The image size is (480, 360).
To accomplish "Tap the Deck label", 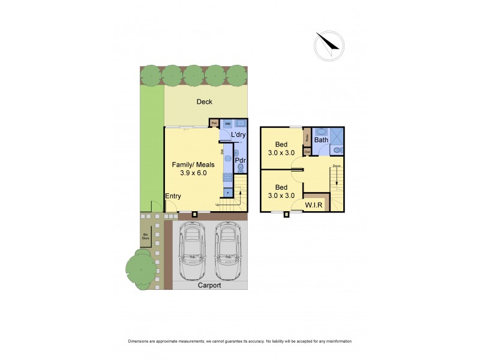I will (x=205, y=102).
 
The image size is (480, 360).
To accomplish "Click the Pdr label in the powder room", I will (x=240, y=160).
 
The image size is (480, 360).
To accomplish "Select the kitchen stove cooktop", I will (x=228, y=177).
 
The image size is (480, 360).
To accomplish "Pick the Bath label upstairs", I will (x=322, y=140).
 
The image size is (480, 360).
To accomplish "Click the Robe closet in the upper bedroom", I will (x=307, y=137).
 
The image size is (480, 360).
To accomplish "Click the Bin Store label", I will (x=145, y=236).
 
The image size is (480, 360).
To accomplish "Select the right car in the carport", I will (x=228, y=251).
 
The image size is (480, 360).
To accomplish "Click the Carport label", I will (x=209, y=286).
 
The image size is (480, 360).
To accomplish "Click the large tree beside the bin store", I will (x=142, y=268).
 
